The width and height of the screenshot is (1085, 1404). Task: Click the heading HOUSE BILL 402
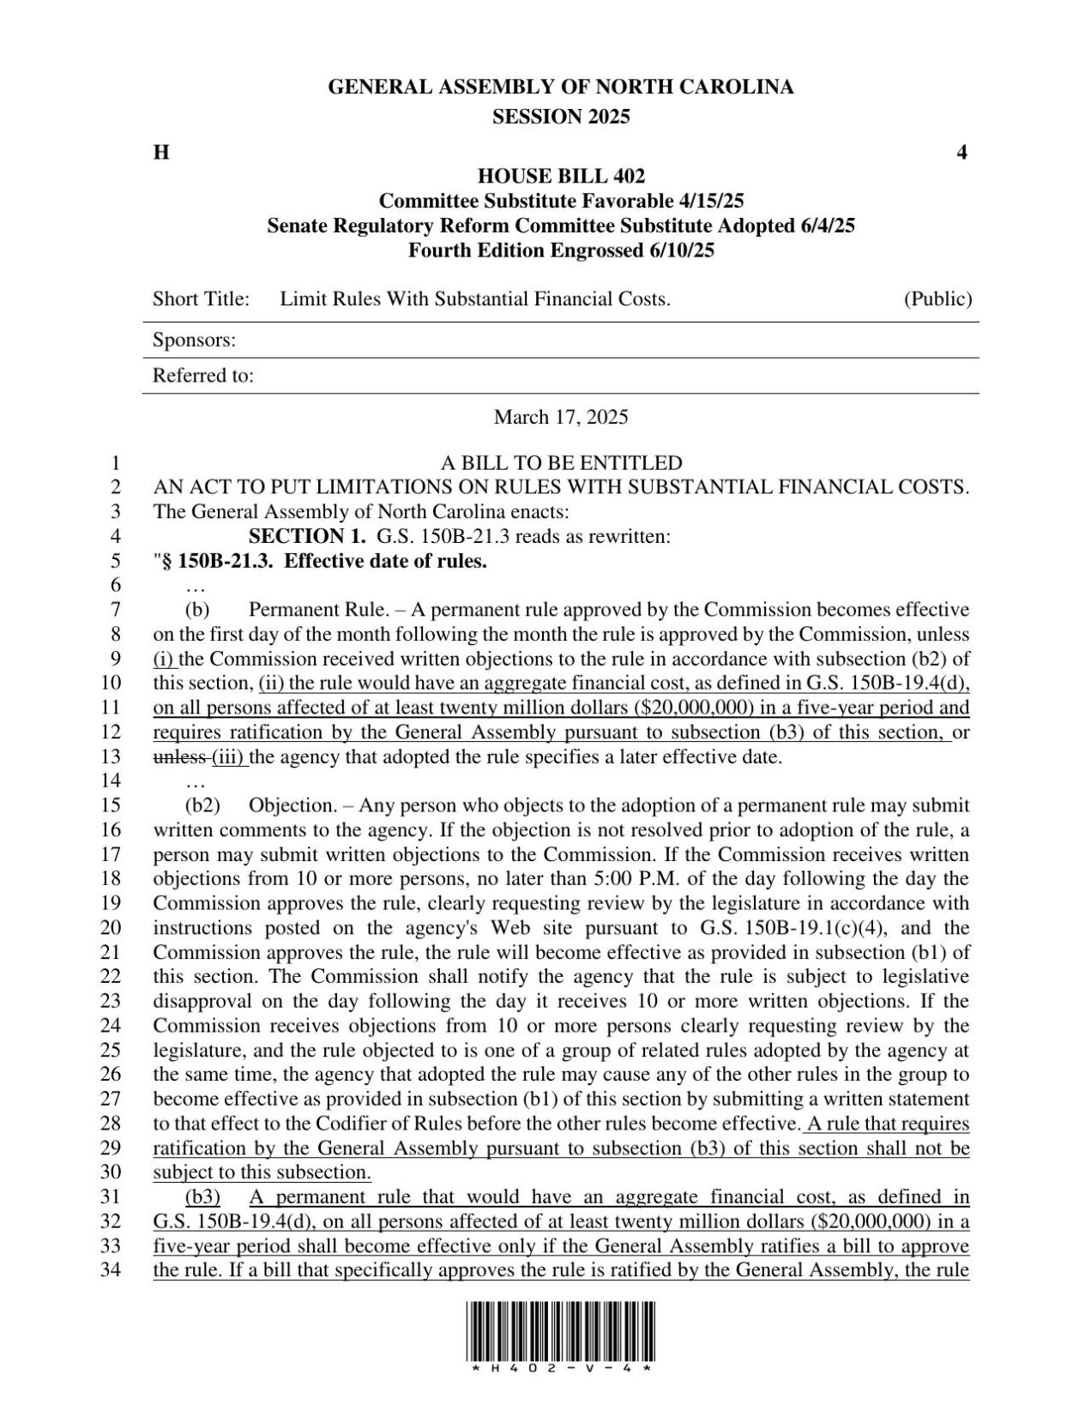(x=561, y=177)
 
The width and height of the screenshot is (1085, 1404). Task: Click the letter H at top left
(x=160, y=154)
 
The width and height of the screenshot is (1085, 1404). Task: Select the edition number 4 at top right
(x=962, y=154)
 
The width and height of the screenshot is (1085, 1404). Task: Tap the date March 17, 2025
(x=561, y=418)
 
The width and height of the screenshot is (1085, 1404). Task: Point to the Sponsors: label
(x=194, y=340)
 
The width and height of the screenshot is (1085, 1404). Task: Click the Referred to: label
(x=202, y=377)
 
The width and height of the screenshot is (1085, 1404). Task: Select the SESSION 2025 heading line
(x=561, y=118)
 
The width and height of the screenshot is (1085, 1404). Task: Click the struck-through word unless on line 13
(x=179, y=757)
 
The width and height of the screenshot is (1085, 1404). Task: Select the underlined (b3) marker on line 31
(x=203, y=1197)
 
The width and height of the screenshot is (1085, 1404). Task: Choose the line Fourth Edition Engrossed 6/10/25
(x=561, y=251)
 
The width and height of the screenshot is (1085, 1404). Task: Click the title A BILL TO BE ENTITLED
(x=561, y=464)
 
